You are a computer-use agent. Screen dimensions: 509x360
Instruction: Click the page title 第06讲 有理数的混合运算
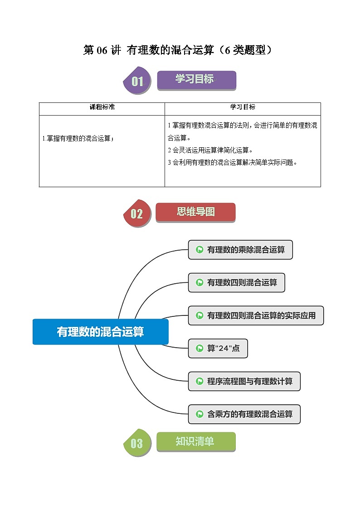point(180,50)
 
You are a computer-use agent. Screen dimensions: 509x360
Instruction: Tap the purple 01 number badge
point(137,82)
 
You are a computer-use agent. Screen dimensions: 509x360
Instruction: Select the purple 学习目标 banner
point(196,80)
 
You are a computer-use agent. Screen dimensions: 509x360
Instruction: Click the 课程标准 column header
point(102,107)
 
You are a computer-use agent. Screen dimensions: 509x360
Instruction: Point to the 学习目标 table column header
point(243,107)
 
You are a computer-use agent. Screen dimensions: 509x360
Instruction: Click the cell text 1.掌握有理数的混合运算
point(78,139)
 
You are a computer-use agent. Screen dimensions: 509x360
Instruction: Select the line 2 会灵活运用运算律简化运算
point(210,150)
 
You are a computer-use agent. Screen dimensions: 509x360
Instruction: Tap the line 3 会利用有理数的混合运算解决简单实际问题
point(233,162)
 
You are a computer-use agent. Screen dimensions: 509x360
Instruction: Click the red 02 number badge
point(137,213)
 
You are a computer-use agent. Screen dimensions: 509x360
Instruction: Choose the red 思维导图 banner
point(195,212)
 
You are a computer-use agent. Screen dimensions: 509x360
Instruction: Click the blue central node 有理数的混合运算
point(101,332)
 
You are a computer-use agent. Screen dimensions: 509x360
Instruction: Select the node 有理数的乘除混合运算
point(240,250)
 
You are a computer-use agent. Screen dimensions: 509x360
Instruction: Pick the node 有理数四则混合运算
point(236,282)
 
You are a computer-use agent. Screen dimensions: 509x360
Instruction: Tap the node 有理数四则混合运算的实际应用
point(256,315)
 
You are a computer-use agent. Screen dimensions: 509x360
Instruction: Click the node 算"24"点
point(218,348)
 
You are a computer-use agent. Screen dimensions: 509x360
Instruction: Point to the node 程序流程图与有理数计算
point(244,381)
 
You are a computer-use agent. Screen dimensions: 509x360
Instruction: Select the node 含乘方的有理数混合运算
point(244,414)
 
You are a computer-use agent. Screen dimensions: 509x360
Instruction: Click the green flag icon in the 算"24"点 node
point(199,348)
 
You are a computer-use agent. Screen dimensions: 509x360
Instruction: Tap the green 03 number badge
point(137,443)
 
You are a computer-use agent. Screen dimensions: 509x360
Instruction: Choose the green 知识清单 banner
point(196,441)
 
